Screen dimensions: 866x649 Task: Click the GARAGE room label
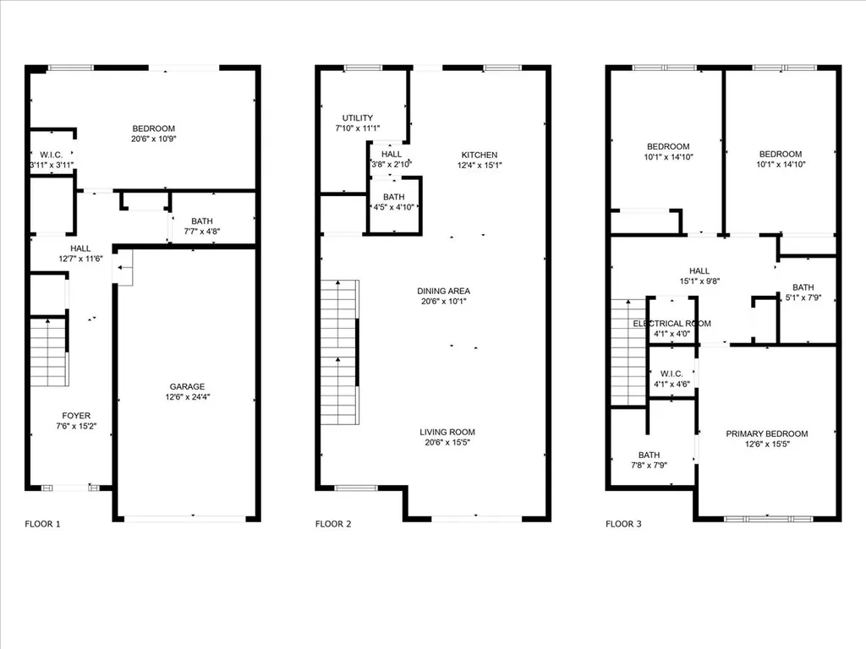click(187, 387)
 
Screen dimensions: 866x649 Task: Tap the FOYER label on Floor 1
click(76, 416)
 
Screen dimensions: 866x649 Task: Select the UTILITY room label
click(358, 118)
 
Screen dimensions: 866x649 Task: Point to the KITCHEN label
click(480, 155)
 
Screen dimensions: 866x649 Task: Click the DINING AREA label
click(443, 291)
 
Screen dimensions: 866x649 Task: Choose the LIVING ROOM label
click(447, 432)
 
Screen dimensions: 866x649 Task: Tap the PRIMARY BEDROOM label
click(766, 434)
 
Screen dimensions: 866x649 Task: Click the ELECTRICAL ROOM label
click(671, 324)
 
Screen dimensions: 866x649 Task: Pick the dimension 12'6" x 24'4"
click(187, 397)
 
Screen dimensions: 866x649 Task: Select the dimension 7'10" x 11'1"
click(358, 128)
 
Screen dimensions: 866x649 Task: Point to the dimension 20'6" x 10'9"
click(154, 139)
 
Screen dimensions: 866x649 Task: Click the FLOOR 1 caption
click(42, 524)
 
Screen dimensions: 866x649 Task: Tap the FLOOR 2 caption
click(333, 524)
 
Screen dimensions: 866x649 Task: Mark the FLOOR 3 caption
click(623, 524)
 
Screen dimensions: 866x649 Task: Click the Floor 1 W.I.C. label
click(52, 155)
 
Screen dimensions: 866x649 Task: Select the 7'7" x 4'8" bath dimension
click(202, 232)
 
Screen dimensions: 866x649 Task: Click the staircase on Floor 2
click(340, 352)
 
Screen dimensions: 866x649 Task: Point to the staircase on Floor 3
click(628, 352)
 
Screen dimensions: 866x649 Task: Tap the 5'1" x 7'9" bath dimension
click(803, 297)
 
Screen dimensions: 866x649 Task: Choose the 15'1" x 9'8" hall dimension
click(699, 281)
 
